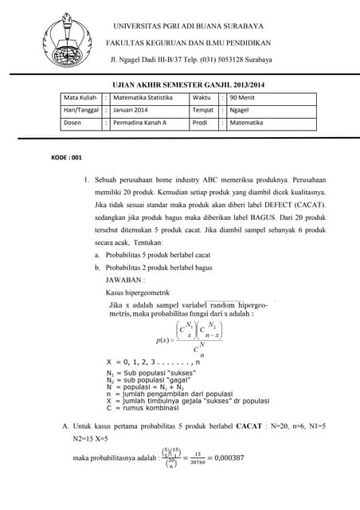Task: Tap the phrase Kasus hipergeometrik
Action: click(137, 293)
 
